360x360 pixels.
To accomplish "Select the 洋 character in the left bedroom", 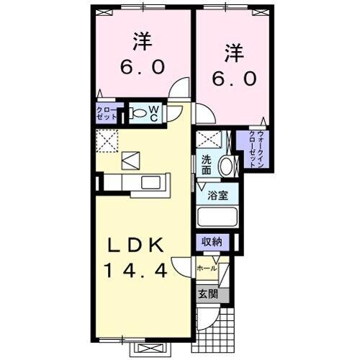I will tap(142, 41).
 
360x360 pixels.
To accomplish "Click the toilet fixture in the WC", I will tap(137, 112).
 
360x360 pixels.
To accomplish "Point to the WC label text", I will tap(154, 112).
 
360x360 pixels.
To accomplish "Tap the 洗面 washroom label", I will tap(206, 166).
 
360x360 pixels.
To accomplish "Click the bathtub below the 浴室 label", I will tap(216, 217).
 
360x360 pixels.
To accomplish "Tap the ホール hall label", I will tap(206, 267).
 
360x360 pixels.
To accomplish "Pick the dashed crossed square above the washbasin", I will tap(207, 141).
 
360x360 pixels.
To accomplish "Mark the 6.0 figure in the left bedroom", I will tap(142, 66).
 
